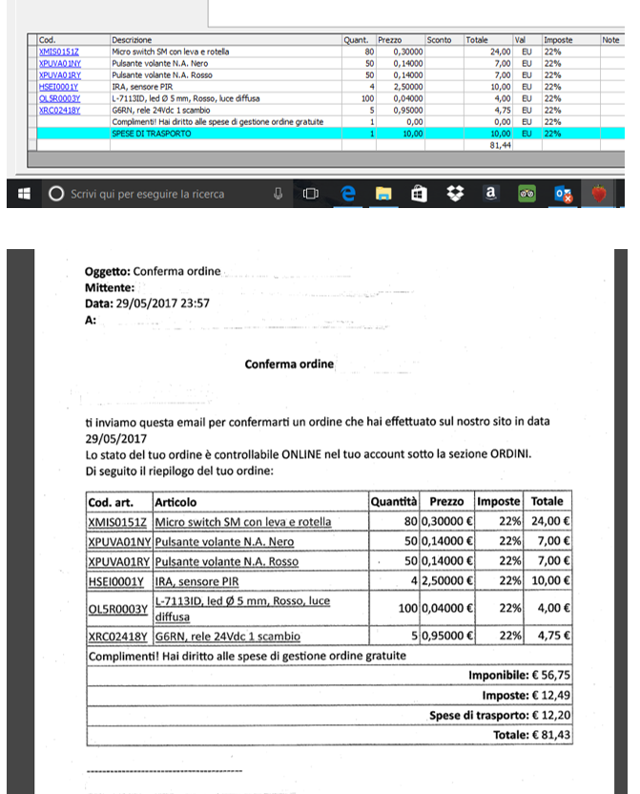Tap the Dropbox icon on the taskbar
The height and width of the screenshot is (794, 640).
pos(454,194)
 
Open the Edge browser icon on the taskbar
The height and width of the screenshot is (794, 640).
pos(349,194)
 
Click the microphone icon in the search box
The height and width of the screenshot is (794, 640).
pos(278,194)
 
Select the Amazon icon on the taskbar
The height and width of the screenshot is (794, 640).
pos(490,193)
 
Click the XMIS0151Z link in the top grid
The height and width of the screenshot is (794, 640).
pos(59,51)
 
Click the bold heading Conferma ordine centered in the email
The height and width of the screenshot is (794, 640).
pos(289,365)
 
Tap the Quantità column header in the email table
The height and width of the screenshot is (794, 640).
pos(394,501)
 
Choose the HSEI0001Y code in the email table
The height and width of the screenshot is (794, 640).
pos(116,580)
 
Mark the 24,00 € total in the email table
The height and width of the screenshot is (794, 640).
pos(550,522)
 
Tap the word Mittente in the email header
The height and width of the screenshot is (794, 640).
pos(108,286)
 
